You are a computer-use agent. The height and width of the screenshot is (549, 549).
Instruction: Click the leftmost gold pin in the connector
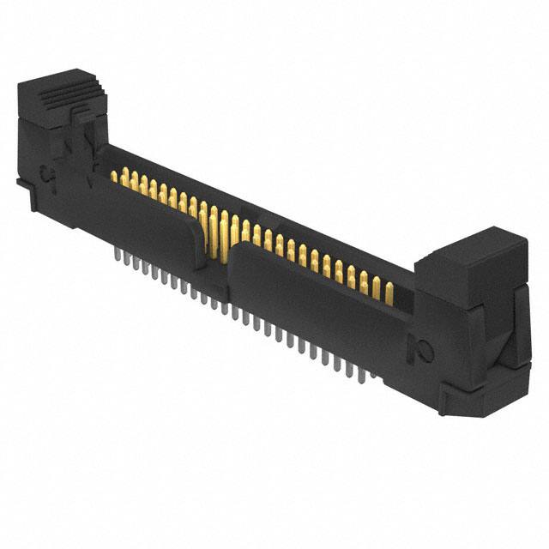coord(114,176)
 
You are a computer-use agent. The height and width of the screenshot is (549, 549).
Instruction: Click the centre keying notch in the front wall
coord(219,249)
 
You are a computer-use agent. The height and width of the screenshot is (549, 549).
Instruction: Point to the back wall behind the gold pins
coord(257,214)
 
